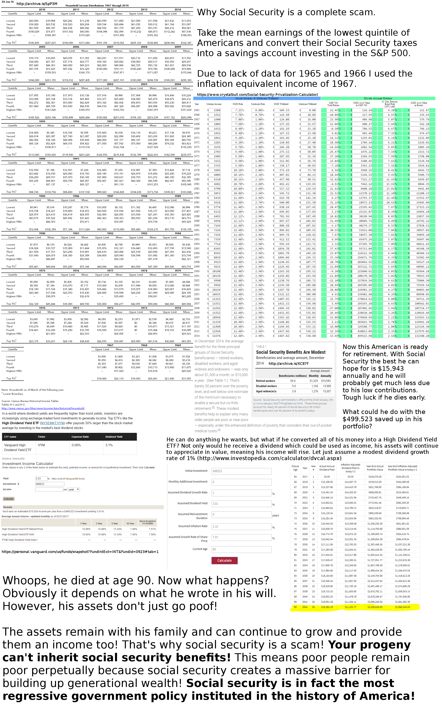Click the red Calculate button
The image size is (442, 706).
click(224, 560)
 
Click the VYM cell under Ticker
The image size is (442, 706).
click(42, 445)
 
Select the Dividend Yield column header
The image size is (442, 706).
click(114, 437)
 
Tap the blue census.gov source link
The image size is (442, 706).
click(43, 408)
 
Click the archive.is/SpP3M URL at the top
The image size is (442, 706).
click(37, 4)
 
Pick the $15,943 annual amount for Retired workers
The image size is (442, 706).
click(326, 381)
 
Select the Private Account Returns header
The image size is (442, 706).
click(378, 98)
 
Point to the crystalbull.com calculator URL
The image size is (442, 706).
click(257, 95)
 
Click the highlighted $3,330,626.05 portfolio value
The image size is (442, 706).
click(375, 607)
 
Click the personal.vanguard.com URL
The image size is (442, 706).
click(80, 552)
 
